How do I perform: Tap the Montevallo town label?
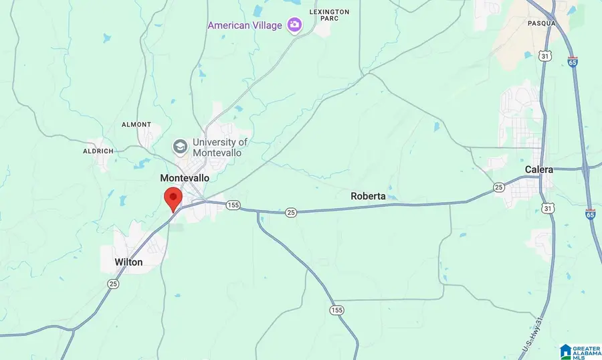(185, 179)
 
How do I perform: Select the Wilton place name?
(128, 262)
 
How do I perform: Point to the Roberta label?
(368, 196)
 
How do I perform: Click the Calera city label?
(539, 169)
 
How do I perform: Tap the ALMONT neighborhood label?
(136, 124)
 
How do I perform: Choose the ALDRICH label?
(100, 152)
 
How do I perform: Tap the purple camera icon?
(293, 25)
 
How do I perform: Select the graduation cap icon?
(179, 147)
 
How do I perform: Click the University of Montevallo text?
(219, 147)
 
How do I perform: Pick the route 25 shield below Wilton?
(112, 284)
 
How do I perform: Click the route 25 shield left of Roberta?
(290, 212)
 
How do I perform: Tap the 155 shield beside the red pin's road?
(232, 204)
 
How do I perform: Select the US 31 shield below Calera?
(548, 209)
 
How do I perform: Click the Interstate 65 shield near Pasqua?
(573, 62)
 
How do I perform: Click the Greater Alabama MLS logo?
(579, 351)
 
